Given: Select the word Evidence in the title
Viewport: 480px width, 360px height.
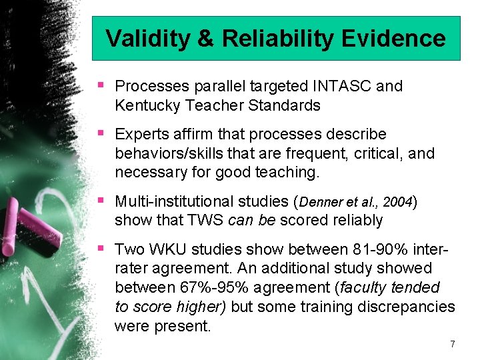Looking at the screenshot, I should [394, 39].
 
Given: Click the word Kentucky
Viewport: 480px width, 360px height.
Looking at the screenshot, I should [144, 105].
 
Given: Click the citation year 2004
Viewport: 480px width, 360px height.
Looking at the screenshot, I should [399, 201].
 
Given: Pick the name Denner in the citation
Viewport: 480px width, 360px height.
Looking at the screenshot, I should [322, 201].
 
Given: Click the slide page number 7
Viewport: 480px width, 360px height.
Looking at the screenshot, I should [453, 344].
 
